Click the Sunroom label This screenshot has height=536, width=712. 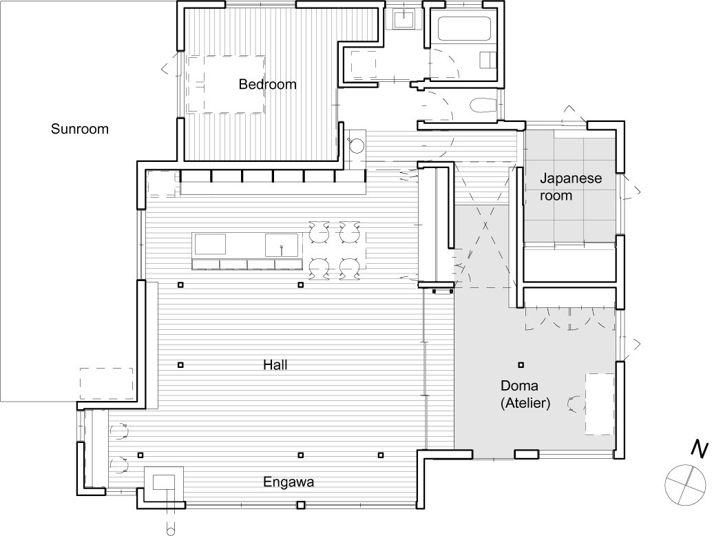coord(80,129)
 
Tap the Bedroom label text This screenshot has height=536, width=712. coord(267,85)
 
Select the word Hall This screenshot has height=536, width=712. coord(275,364)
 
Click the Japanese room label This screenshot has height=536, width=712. coord(570,187)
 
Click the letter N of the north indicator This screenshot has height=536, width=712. coord(699,449)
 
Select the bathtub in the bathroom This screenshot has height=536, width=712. coord(464,30)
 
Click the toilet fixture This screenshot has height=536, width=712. coord(481,105)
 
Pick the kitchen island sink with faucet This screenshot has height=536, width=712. coord(282,245)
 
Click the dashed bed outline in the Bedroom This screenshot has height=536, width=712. coord(226,84)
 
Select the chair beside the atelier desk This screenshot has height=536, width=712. coord(573,403)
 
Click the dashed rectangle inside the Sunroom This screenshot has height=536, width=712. coord(106,384)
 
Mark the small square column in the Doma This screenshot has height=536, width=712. coord(521,364)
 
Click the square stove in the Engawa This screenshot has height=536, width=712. coord(164,482)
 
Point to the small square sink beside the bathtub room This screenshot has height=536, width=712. coord(403,19)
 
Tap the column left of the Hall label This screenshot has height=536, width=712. coord(180,364)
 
